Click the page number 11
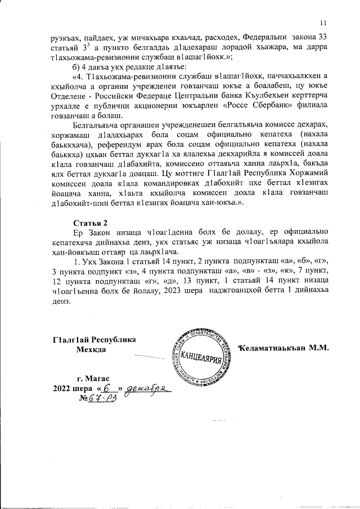(x=323, y=22)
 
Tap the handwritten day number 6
(x=107, y=388)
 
